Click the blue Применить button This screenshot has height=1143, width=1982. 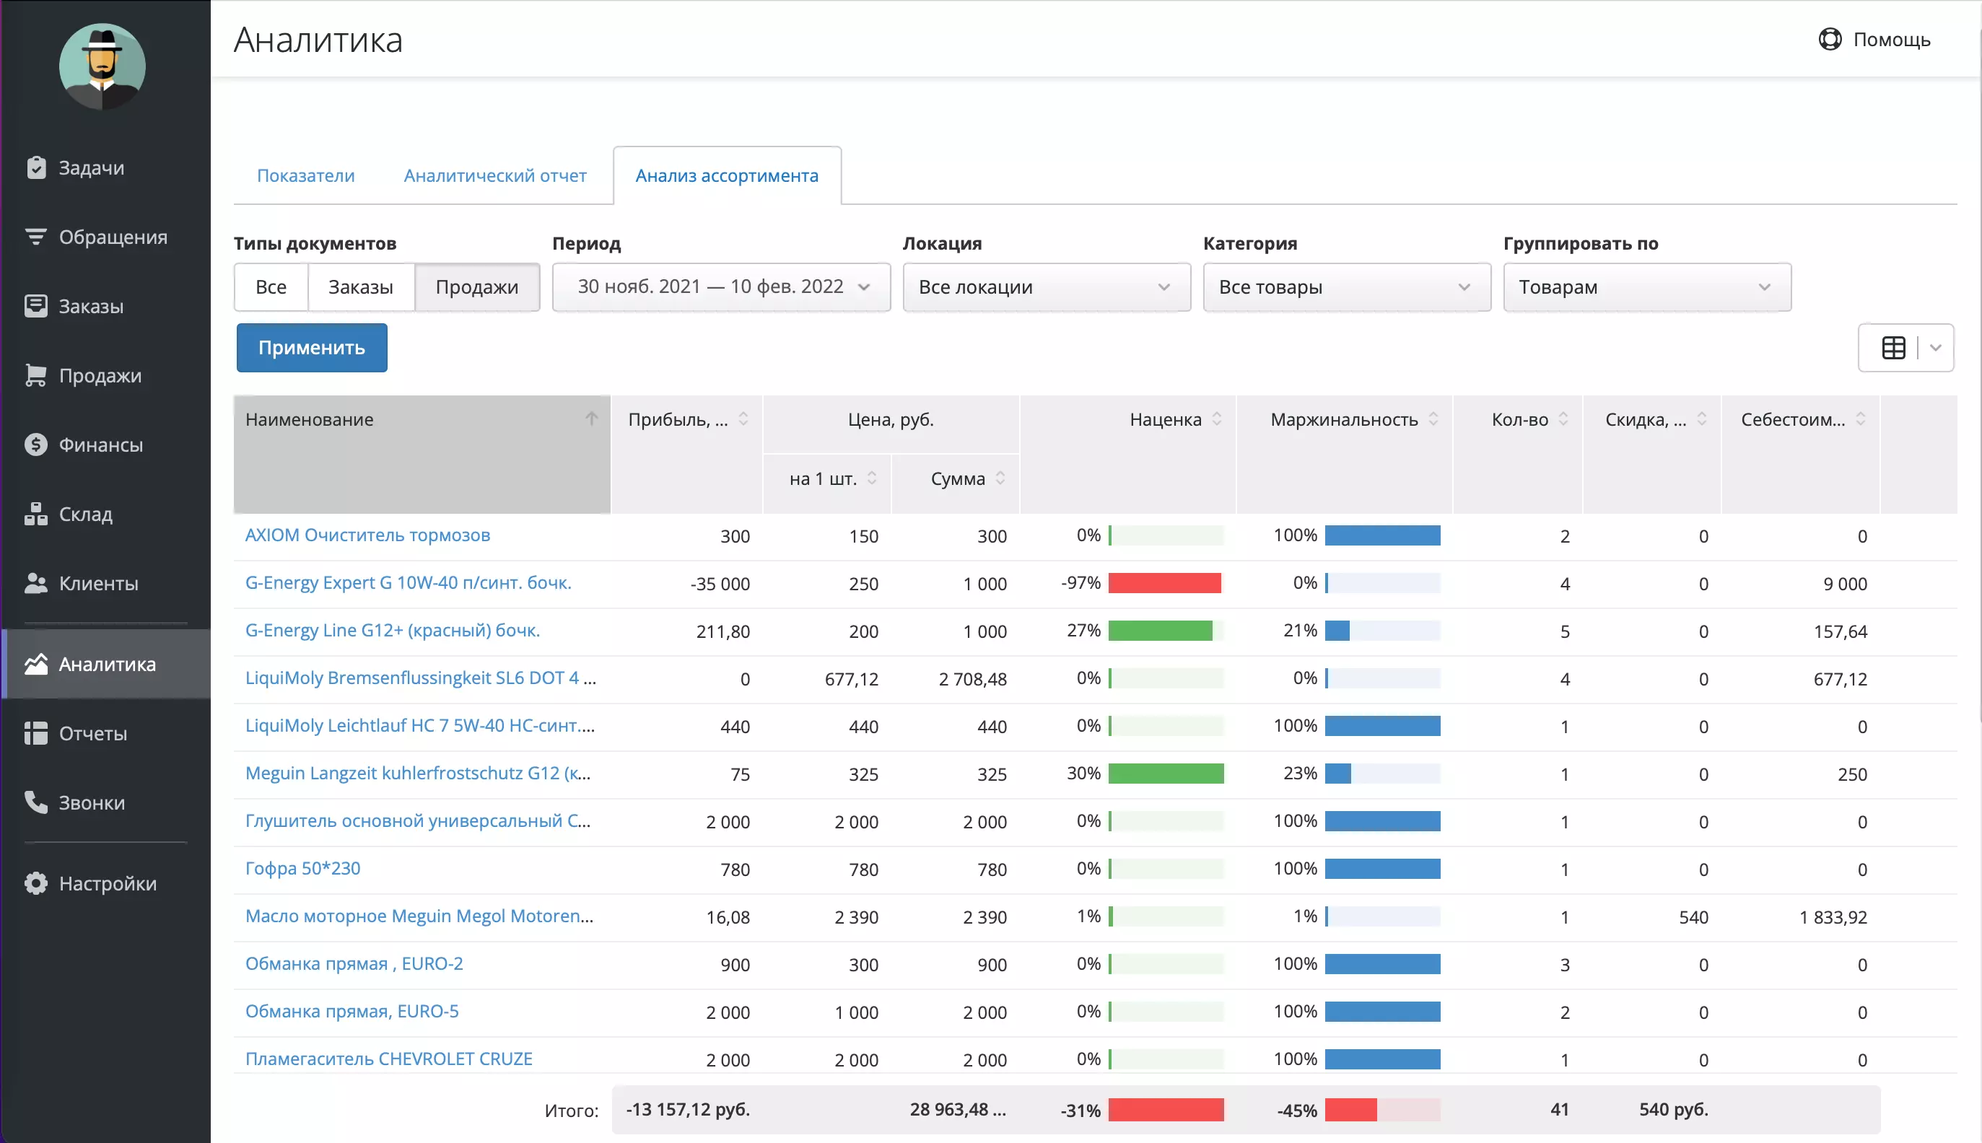coord(312,348)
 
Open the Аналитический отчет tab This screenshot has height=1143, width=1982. coord(494,176)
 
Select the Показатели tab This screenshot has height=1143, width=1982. coord(305,176)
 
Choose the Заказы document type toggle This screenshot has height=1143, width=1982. coord(360,287)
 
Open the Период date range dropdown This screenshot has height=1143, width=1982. coord(721,287)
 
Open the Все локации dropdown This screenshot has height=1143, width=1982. coord(1046,287)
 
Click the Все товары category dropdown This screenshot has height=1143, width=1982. coord(1346,287)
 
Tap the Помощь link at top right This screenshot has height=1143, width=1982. coord(1874,39)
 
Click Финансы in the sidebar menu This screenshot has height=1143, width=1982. coord(100,445)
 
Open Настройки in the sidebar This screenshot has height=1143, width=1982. coord(108,883)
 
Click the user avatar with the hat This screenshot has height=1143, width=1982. coord(102,66)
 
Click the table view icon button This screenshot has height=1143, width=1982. coord(1893,348)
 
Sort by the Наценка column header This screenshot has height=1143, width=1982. coord(1166,420)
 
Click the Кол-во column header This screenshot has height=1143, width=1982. coord(1519,420)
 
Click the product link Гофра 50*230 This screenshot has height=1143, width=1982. coord(302,868)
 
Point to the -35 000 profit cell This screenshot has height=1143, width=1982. coord(720,584)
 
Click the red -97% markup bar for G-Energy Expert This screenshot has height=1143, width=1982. coord(1164,583)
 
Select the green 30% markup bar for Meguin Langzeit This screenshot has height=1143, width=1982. coord(1166,774)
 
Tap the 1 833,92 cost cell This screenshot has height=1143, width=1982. coord(1833,918)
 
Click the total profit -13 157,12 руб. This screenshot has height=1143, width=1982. coord(688,1110)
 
